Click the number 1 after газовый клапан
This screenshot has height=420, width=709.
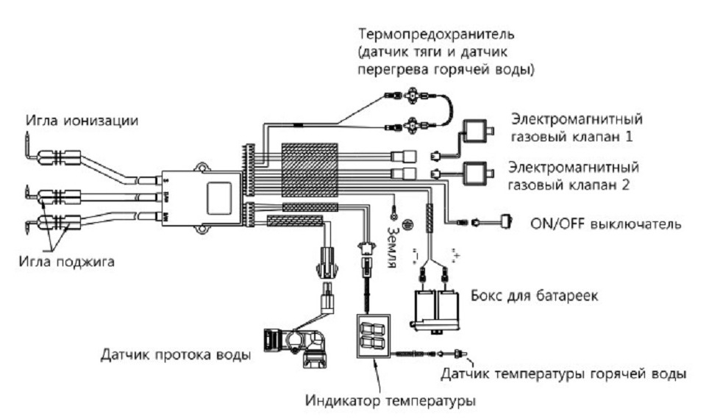pyautogui.click(x=630, y=136)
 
